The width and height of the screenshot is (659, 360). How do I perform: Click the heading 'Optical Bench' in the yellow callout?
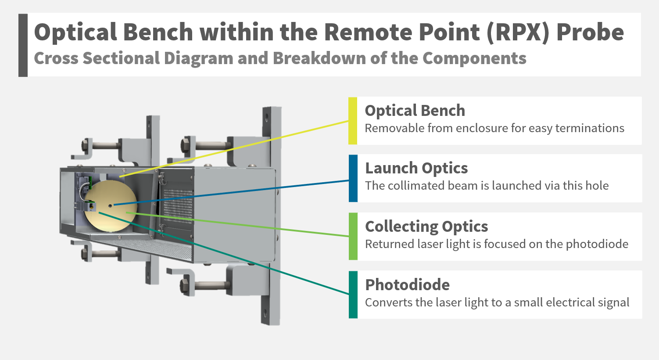click(x=415, y=111)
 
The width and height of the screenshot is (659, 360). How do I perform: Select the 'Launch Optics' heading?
click(x=416, y=168)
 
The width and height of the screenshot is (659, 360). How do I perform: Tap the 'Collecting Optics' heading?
click(x=426, y=227)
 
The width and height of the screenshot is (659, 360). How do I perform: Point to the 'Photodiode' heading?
click(x=407, y=285)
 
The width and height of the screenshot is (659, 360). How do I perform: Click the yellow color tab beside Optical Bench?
click(x=353, y=121)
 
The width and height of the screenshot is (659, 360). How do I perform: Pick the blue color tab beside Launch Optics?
click(x=353, y=178)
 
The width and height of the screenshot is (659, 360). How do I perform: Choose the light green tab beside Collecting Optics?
click(x=353, y=236)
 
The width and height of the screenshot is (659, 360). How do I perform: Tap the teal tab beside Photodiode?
click(x=353, y=295)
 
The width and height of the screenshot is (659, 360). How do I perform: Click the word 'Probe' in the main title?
click(x=590, y=32)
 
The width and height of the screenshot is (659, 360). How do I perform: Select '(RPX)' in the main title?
click(x=517, y=32)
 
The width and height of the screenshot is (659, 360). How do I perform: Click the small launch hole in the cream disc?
click(x=110, y=205)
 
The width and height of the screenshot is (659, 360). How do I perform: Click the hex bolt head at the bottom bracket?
click(x=184, y=286)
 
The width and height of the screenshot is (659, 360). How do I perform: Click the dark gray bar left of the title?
click(x=23, y=45)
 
